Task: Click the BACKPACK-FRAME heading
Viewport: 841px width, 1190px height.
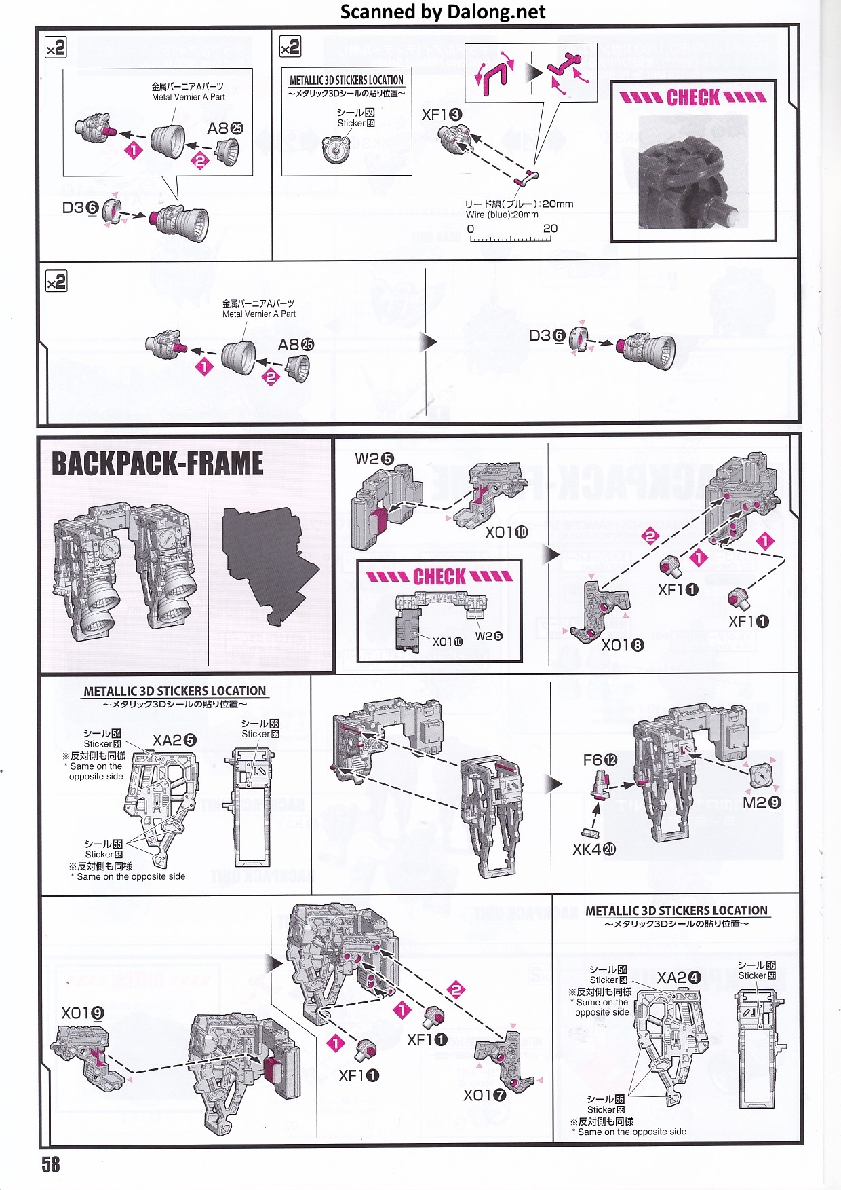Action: click(x=157, y=464)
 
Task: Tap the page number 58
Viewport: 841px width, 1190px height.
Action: click(x=51, y=1164)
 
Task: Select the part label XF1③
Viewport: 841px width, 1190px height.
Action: click(x=442, y=115)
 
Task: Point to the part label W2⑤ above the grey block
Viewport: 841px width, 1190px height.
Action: click(x=374, y=459)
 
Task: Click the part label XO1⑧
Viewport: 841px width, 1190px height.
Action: click(x=622, y=645)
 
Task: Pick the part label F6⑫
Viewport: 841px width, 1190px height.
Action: click(x=600, y=760)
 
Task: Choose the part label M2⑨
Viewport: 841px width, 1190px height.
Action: click(x=762, y=803)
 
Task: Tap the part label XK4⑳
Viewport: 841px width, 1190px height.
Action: click(x=593, y=849)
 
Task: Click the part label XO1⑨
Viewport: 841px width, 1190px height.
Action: click(x=83, y=1014)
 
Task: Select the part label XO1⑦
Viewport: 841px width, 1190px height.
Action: click(x=484, y=1095)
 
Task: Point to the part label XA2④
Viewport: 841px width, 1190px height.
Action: click(x=678, y=978)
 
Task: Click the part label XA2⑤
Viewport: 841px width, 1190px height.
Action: click(x=174, y=741)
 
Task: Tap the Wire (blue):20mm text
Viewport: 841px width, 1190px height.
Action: click(x=502, y=215)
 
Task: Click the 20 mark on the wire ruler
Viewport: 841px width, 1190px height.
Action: click(x=550, y=229)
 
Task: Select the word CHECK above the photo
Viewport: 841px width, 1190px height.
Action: click(x=693, y=98)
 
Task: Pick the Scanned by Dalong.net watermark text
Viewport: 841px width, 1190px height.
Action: click(x=442, y=12)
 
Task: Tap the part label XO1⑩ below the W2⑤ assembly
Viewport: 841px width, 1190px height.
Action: click(x=506, y=532)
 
